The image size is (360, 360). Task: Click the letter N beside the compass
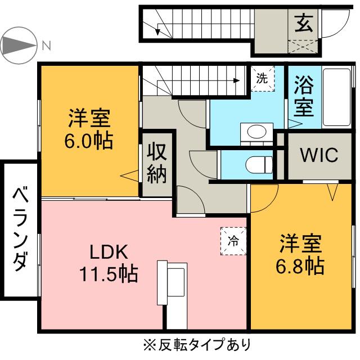pyautogui.click(x=46, y=44)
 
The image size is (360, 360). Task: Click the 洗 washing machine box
pyautogui.click(x=262, y=78)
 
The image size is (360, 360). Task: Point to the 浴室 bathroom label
pyautogui.click(x=304, y=96)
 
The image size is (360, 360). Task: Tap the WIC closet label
pyautogui.click(x=318, y=155)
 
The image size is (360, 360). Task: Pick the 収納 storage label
pyautogui.click(x=157, y=163)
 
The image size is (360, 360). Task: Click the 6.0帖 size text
pyautogui.click(x=89, y=141)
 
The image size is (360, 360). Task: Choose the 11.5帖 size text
pyautogui.click(x=108, y=274)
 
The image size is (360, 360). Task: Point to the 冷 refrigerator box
pyautogui.click(x=233, y=241)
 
